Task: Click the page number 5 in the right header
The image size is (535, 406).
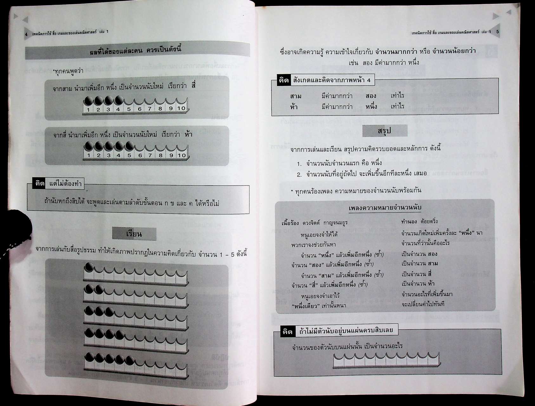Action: [x=498, y=32]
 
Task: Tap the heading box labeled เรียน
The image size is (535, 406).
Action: [x=134, y=234]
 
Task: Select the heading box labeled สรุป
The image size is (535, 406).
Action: [x=385, y=131]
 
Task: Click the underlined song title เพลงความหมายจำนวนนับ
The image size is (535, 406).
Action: [x=385, y=208]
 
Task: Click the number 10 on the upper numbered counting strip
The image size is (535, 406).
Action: [x=181, y=108]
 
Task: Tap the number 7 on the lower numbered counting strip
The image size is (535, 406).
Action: [x=150, y=155]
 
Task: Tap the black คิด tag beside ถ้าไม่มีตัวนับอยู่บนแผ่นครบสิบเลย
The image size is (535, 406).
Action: [x=287, y=331]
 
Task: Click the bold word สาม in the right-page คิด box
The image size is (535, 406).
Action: [x=296, y=96]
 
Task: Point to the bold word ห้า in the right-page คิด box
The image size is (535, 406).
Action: [x=294, y=107]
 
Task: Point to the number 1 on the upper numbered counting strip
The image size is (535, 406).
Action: [x=88, y=110]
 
